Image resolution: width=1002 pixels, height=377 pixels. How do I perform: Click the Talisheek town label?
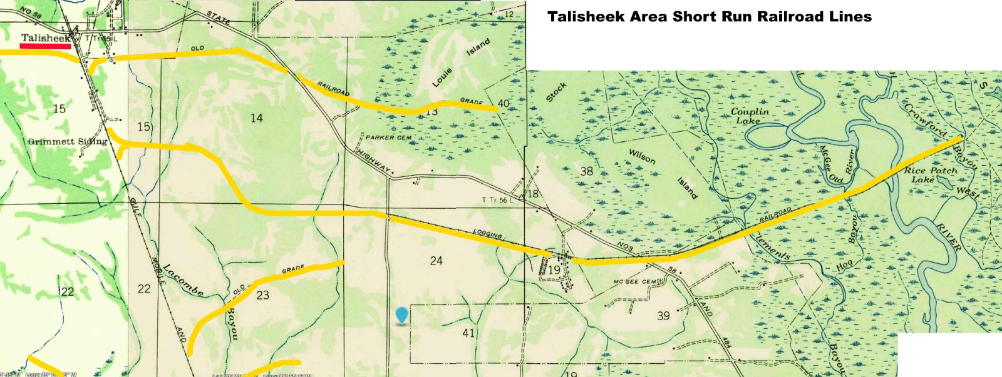[x=45, y=38]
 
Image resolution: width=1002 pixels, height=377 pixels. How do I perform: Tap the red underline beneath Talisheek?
[x=45, y=46]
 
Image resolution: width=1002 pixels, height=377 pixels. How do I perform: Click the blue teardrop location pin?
[x=401, y=315]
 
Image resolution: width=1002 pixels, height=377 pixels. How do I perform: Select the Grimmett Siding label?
[x=68, y=141]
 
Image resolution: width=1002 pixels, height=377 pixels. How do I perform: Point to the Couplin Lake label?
[x=750, y=116]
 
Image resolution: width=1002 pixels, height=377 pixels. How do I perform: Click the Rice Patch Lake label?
[x=930, y=174]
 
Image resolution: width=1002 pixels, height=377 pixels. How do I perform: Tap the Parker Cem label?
[x=388, y=137]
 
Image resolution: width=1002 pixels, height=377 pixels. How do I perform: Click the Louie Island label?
[x=461, y=63]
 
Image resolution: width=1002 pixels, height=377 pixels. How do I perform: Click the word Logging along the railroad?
[x=487, y=234]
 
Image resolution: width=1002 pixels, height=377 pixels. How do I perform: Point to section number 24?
[x=436, y=260]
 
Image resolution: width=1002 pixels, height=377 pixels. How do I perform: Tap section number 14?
[x=256, y=118]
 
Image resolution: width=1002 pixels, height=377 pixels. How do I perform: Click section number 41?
[x=468, y=333]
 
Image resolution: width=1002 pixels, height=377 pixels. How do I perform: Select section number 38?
[x=586, y=171]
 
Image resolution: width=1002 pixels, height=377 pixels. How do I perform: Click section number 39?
[x=663, y=316]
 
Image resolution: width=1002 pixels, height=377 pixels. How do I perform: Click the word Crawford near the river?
[x=925, y=119]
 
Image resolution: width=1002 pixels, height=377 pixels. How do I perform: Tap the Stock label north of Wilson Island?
[x=556, y=92]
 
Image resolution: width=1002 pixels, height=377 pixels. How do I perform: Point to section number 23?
[x=263, y=294]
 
